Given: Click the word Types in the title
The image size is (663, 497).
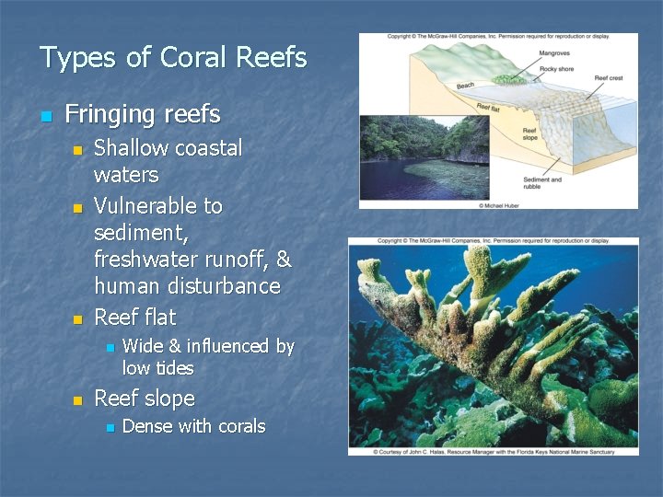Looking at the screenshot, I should (78, 58).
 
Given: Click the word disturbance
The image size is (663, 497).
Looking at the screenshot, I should (231, 286).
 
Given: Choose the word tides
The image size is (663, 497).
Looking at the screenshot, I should (173, 368).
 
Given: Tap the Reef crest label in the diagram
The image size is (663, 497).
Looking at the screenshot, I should (609, 78).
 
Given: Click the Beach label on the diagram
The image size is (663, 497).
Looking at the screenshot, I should (465, 87).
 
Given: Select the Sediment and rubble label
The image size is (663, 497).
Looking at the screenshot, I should (541, 182).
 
